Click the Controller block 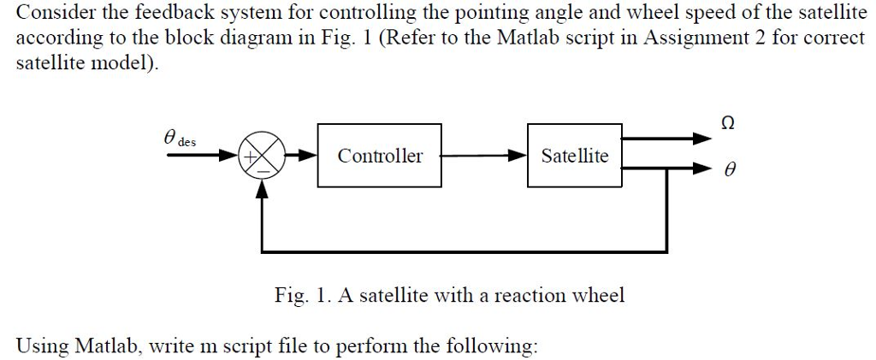[x=380, y=156]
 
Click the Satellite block [x=574, y=156]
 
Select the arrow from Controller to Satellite [x=484, y=156]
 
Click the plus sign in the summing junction [x=253, y=157]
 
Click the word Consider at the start [x=50, y=13]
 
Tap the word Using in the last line [x=42, y=347]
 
